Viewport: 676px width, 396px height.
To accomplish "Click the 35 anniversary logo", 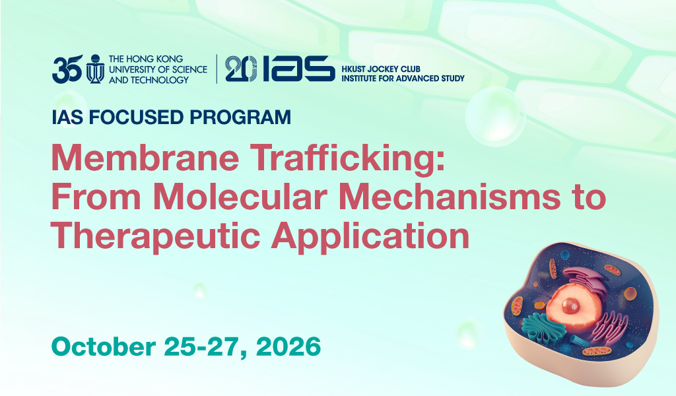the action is click(67, 69).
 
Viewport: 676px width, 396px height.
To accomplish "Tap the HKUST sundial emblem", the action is click(95, 69).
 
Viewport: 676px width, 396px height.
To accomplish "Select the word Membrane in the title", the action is click(145, 158).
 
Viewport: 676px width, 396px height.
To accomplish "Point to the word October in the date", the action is click(104, 346).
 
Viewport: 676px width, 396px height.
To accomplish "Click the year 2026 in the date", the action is click(288, 346).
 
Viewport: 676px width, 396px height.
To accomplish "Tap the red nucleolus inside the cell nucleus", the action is click(570, 306).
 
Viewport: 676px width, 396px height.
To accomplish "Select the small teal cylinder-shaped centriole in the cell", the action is click(579, 340).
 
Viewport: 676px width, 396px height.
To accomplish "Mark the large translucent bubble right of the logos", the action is click(495, 116).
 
